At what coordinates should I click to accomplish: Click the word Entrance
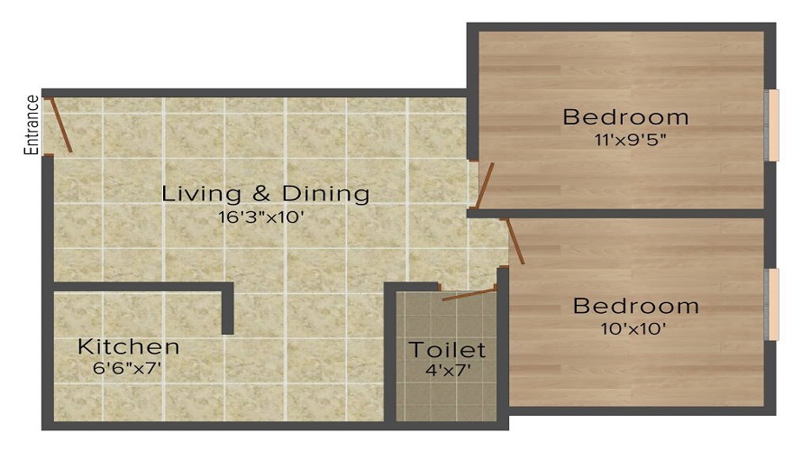32,124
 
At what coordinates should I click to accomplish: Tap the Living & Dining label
266,193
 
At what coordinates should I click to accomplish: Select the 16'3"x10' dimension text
260,216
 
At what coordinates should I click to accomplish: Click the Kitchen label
129,346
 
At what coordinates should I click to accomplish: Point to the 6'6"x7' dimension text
127,368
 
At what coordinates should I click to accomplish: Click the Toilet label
447,350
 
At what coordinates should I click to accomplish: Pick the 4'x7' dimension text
448,371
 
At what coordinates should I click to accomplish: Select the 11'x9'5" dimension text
631,139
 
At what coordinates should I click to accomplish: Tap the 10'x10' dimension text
633,328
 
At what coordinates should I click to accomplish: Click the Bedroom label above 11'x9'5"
626,117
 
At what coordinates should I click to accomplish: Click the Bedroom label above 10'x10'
636,306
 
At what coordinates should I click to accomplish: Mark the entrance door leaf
61,124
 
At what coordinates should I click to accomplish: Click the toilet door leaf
469,295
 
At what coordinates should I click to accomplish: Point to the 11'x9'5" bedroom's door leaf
485,185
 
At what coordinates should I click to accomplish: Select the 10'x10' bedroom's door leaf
515,242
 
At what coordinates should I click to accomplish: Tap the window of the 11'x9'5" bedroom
772,125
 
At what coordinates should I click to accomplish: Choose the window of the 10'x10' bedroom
772,305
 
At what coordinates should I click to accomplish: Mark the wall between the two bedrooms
615,214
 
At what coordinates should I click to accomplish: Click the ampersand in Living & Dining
261,194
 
